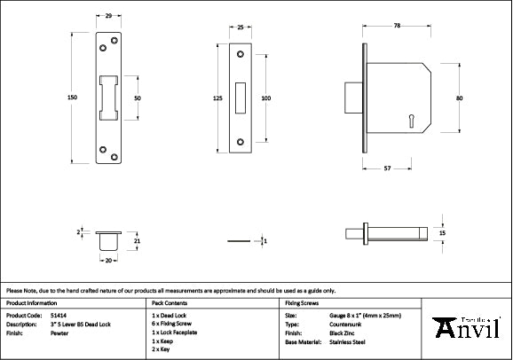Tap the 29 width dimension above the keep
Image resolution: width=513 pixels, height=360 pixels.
[108, 17]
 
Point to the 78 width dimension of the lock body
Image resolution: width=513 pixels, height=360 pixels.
[396, 27]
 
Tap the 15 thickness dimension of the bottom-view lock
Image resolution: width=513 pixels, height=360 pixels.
[443, 233]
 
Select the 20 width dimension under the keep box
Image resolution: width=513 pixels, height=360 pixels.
[108, 261]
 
